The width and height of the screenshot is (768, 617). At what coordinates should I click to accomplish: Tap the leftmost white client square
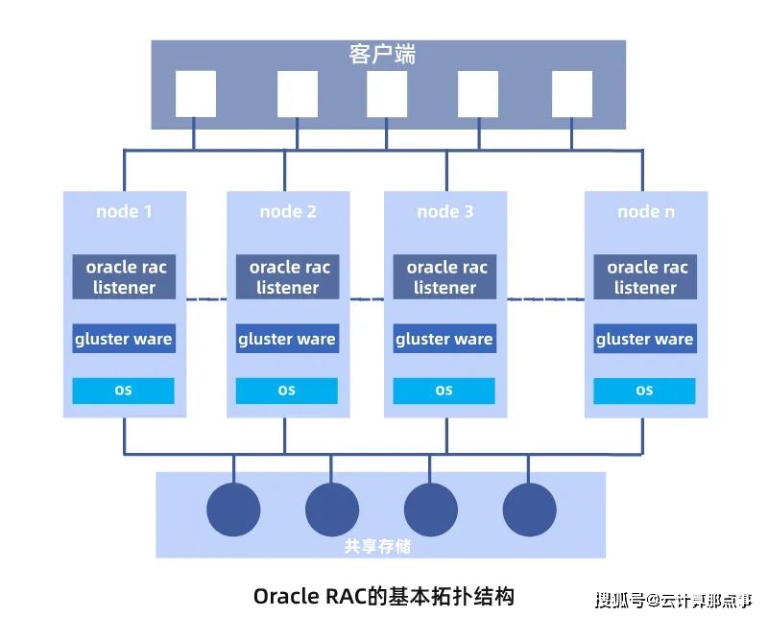[195, 94]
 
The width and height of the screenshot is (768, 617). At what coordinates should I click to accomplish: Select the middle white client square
[387, 94]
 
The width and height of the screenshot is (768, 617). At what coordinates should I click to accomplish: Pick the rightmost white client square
[573, 94]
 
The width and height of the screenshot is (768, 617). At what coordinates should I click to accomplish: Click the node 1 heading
[124, 211]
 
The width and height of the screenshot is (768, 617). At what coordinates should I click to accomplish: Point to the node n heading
[645, 211]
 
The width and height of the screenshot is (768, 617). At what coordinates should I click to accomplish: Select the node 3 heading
[444, 211]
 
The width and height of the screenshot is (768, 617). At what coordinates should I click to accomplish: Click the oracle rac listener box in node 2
[287, 277]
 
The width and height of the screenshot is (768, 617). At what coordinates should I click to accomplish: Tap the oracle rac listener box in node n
[645, 277]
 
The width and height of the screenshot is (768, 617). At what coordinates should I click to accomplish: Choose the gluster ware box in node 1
[124, 339]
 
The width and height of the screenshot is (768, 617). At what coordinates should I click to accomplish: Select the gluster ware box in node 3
[444, 339]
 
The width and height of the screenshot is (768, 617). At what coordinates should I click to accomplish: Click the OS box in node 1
[124, 391]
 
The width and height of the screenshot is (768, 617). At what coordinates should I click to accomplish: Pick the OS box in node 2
[287, 391]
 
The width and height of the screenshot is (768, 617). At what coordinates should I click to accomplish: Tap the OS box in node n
[645, 391]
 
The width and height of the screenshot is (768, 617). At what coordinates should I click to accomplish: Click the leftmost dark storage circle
[233, 509]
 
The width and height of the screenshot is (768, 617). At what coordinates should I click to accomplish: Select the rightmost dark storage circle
[529, 509]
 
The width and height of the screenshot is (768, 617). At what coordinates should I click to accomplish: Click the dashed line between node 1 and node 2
[206, 299]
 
